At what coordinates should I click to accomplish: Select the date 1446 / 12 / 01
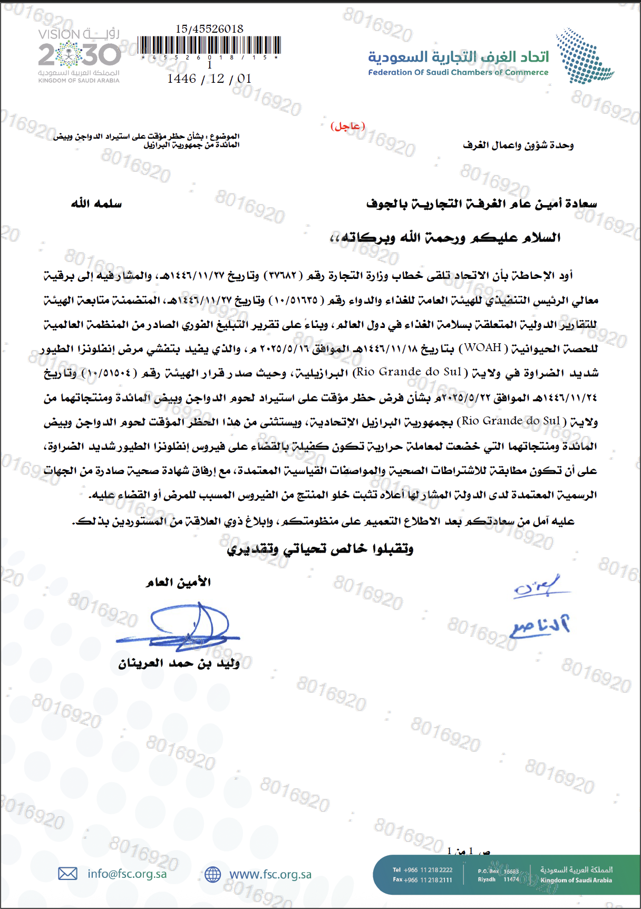point(209,79)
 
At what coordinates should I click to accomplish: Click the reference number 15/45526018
point(209,29)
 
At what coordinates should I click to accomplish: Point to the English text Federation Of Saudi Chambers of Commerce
point(458,72)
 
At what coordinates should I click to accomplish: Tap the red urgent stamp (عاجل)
point(347,126)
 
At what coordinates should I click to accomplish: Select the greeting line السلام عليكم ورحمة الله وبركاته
point(445,237)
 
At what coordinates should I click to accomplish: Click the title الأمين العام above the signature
point(178,582)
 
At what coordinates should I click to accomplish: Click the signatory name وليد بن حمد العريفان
point(179,663)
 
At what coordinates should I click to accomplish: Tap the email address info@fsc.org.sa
point(127,874)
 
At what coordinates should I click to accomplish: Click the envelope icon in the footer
point(67,874)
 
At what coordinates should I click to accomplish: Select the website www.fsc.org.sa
point(270,875)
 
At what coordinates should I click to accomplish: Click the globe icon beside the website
point(212,875)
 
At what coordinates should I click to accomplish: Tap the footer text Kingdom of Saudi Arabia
point(576,880)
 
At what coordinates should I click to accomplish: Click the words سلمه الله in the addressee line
point(96,204)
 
